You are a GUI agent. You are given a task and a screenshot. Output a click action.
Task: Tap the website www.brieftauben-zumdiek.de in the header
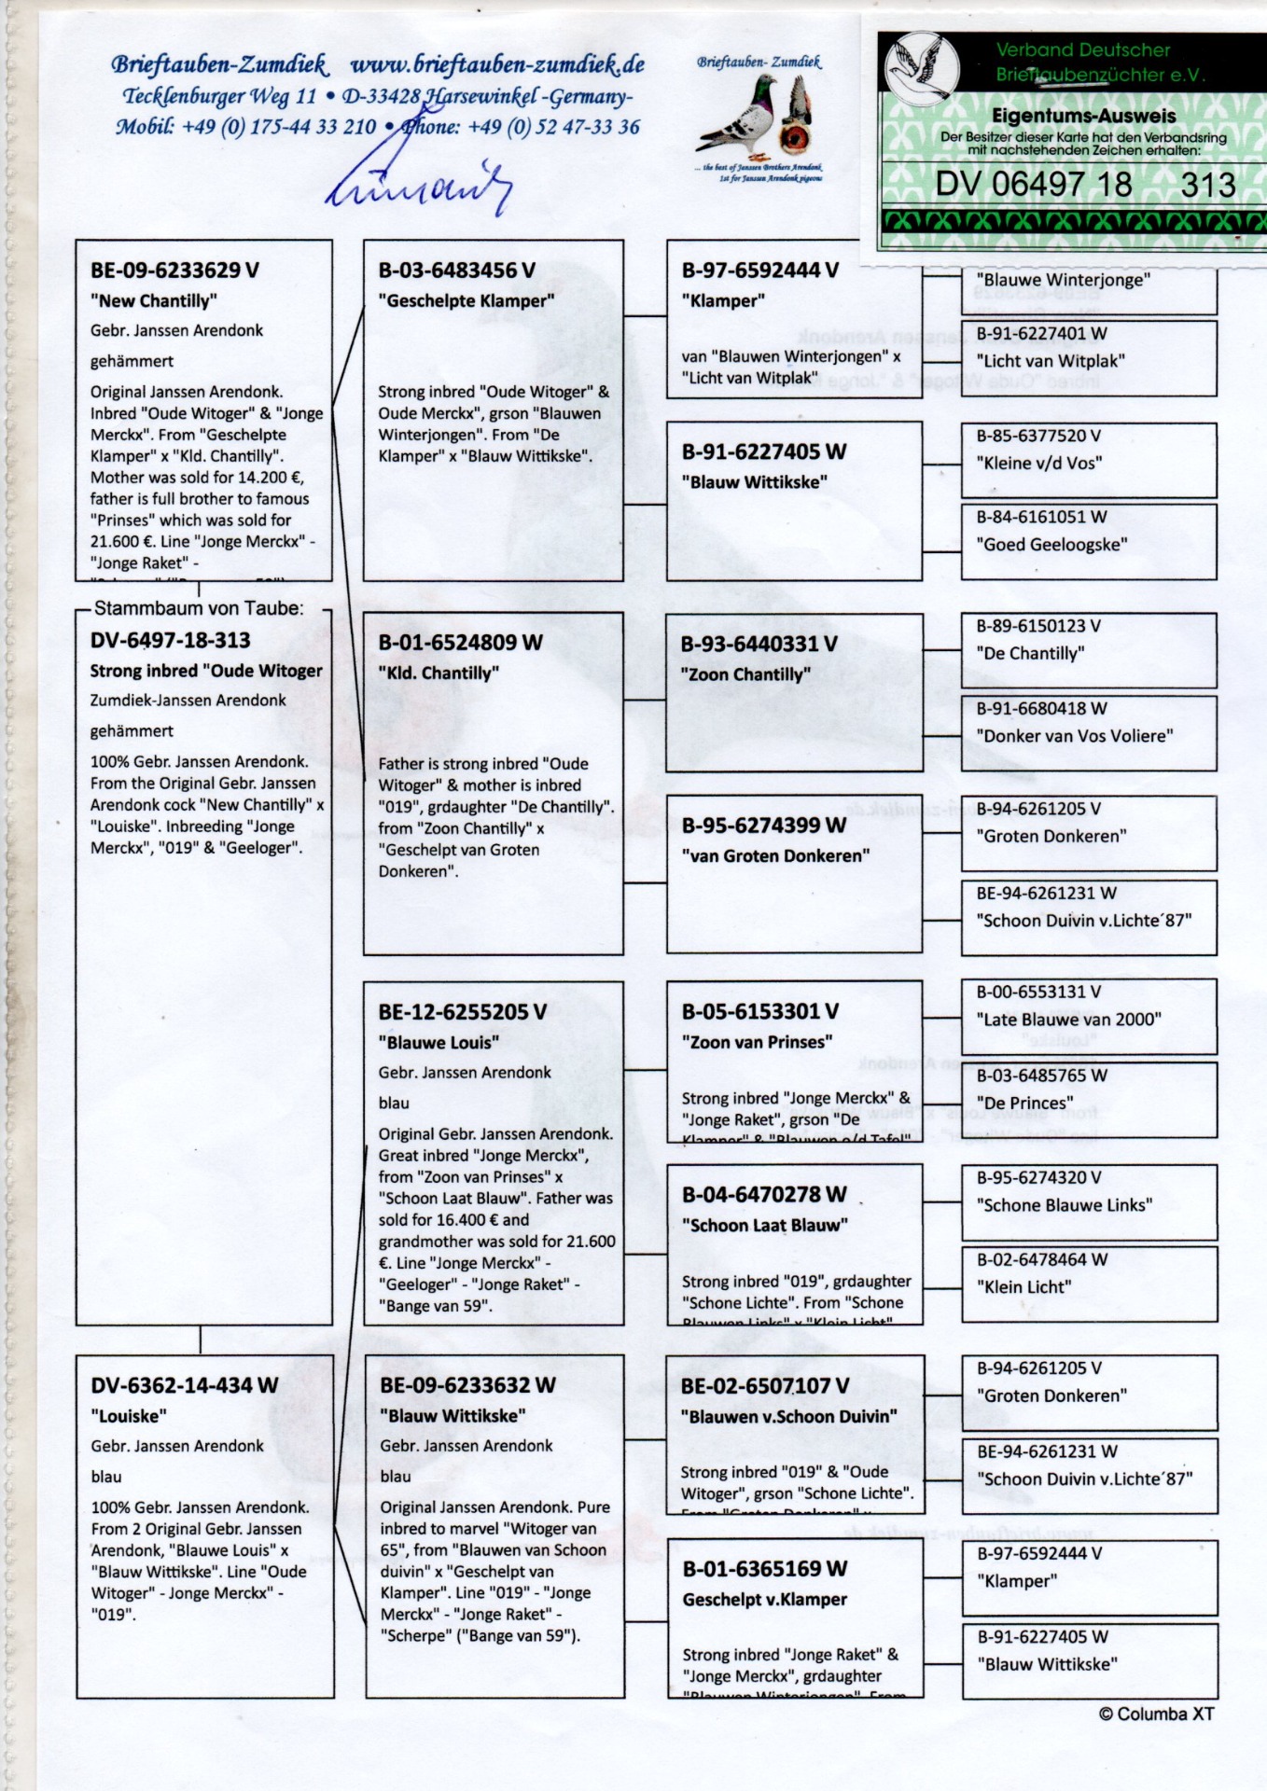click(x=497, y=64)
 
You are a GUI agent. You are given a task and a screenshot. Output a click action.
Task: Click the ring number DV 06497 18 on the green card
click(x=1033, y=185)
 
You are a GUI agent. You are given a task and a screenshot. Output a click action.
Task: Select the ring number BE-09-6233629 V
click(x=174, y=271)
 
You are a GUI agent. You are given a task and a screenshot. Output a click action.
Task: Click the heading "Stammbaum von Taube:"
click(x=199, y=608)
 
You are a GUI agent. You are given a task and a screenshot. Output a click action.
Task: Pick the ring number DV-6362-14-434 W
click(x=184, y=1385)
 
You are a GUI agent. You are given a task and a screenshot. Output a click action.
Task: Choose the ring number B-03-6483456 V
click(x=456, y=271)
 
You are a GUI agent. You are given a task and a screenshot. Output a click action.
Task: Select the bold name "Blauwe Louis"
click(x=439, y=1042)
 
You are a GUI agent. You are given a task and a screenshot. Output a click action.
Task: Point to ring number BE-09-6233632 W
click(x=467, y=1385)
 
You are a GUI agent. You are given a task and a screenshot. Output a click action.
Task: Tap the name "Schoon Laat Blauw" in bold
click(x=764, y=1225)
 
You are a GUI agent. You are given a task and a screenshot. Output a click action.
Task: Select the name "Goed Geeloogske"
click(x=1051, y=545)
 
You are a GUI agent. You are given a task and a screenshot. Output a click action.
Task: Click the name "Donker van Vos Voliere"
click(x=1075, y=736)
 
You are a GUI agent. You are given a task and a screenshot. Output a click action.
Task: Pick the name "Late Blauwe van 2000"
click(x=1068, y=1020)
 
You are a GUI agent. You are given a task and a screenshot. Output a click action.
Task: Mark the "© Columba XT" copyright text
click(x=1156, y=1714)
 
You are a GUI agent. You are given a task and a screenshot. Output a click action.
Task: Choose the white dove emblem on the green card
click(x=922, y=64)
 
